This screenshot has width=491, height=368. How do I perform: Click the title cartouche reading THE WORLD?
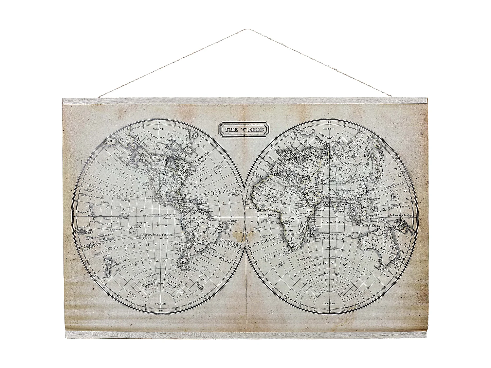click(x=244, y=129)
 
